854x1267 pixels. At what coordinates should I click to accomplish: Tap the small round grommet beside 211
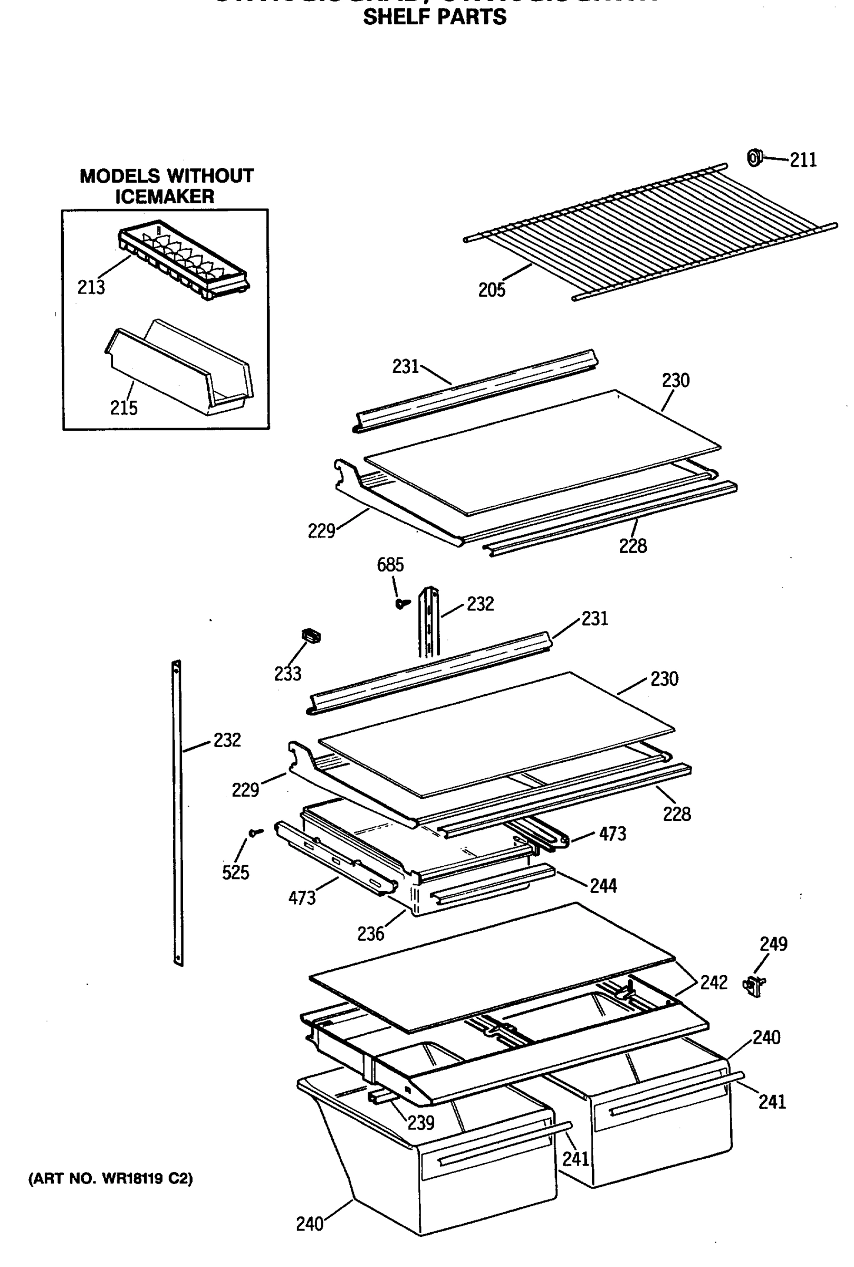coord(754,158)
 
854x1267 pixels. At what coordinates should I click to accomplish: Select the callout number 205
coord(491,290)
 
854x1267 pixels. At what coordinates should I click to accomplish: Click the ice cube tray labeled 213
coord(183,260)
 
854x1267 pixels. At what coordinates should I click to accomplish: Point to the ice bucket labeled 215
coord(180,367)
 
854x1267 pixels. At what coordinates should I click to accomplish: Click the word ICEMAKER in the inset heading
coord(165,196)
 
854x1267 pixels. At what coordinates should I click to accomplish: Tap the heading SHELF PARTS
coord(434,17)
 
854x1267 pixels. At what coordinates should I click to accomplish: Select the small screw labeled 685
coord(402,603)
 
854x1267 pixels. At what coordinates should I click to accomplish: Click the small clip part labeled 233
coord(311,636)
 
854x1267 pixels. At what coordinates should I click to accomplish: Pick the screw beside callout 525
coord(255,832)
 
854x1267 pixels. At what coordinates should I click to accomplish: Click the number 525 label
coord(235,873)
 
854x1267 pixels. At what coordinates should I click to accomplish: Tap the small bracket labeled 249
coord(754,985)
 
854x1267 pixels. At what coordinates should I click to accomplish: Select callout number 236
coord(370,934)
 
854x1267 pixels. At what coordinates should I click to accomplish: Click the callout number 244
coord(603,886)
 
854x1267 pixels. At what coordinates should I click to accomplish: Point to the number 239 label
coord(420,1122)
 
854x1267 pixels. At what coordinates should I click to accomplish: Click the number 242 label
coord(714,982)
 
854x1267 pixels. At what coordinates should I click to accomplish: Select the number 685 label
coord(390,564)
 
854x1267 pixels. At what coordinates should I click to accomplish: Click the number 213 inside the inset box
coord(91,287)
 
